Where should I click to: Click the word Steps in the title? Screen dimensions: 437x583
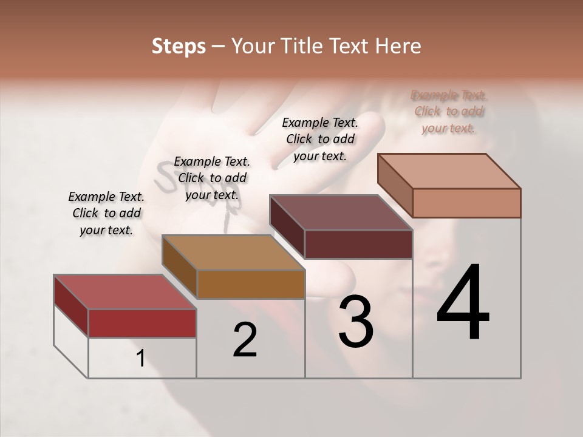point(179,46)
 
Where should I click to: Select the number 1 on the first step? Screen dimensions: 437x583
point(141,359)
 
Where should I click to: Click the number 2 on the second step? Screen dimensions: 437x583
point(245,340)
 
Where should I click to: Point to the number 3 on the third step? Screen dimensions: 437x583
point(356,322)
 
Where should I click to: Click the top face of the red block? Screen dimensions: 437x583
point(124,291)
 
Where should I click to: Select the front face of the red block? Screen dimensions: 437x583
point(142,323)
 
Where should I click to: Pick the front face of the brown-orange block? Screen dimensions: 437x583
point(251,284)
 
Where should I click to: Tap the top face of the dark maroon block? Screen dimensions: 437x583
point(341,212)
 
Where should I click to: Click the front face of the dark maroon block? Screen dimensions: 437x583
point(358,244)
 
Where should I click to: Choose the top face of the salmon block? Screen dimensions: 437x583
point(449,171)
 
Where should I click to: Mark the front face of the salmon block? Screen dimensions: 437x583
point(466,203)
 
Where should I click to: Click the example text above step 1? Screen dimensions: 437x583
point(106,213)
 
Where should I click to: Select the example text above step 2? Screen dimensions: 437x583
point(212,178)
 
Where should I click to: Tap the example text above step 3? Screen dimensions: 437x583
point(320,139)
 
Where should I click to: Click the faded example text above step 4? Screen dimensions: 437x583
point(449,112)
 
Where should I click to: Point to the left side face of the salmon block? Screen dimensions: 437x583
point(395,185)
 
